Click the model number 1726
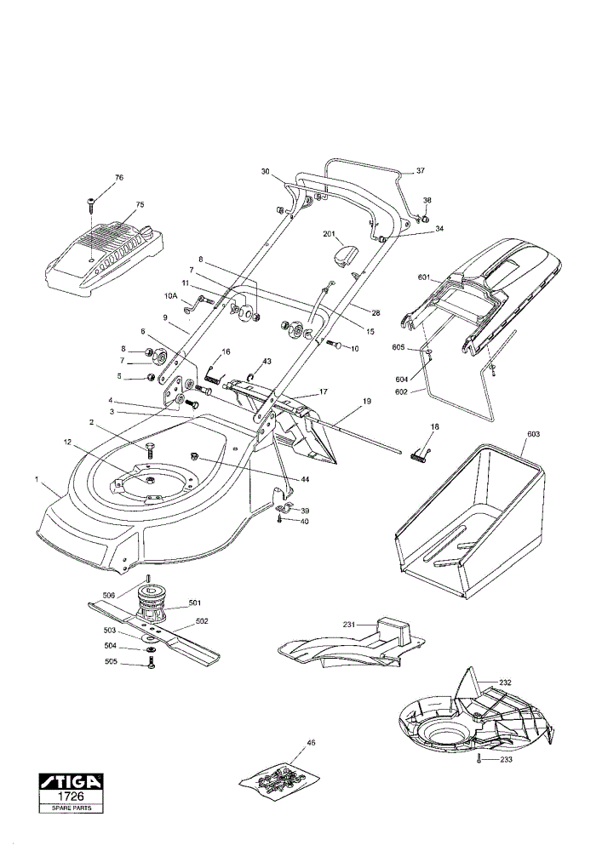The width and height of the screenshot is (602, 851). pos(71,797)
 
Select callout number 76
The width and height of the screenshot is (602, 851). pos(119,178)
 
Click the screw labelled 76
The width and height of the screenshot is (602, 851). pos(90,205)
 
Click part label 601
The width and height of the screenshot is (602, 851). pos(424,278)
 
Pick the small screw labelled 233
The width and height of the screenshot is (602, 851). pos(479,758)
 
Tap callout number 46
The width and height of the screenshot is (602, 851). pos(311,742)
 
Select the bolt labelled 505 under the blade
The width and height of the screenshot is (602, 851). pos(151,663)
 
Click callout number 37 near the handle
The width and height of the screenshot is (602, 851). pos(421,171)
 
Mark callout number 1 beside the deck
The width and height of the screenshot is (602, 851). pos(37,478)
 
